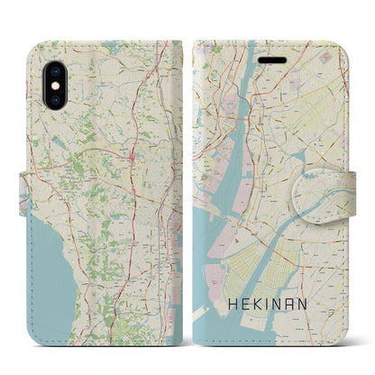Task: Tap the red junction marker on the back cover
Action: [x=132, y=160]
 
